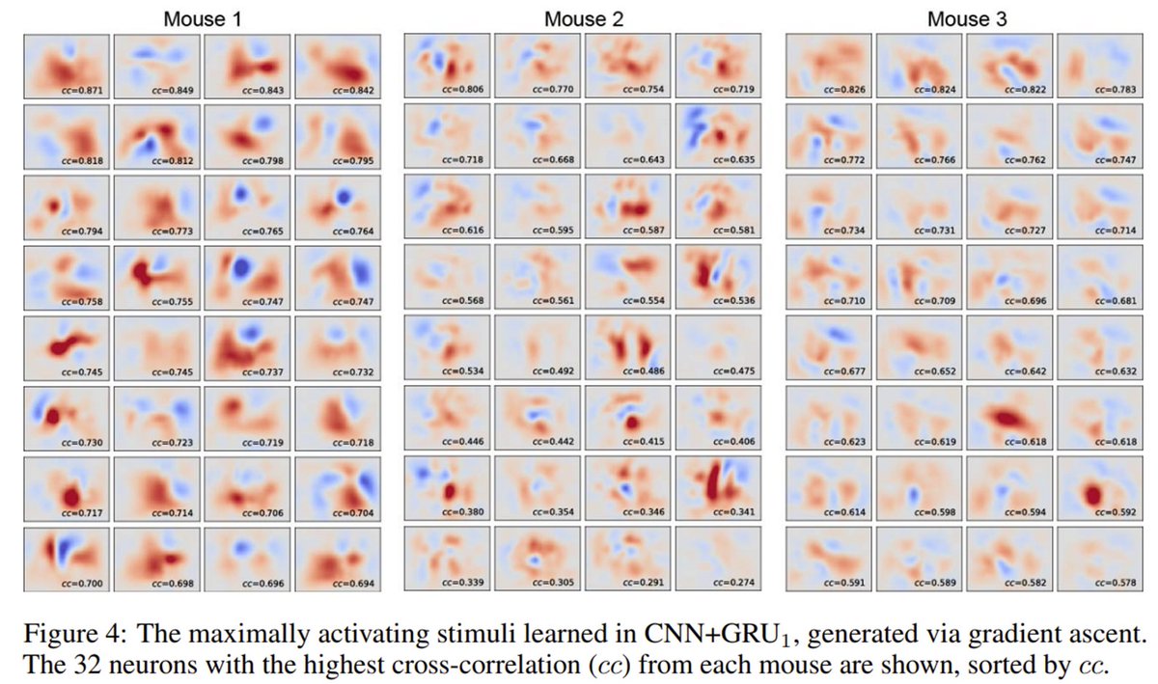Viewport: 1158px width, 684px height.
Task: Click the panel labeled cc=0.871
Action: click(x=66, y=67)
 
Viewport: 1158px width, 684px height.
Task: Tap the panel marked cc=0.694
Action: click(x=336, y=559)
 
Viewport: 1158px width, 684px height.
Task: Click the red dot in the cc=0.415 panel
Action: click(x=633, y=422)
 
